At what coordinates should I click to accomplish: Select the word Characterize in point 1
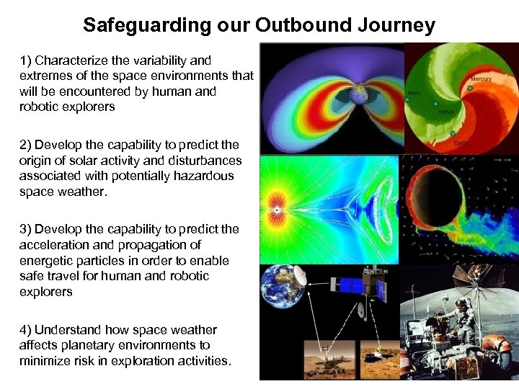coord(77,61)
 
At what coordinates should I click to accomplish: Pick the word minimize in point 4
coord(43,361)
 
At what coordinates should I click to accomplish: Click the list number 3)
coord(25,229)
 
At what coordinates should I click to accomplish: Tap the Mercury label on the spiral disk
coord(481,79)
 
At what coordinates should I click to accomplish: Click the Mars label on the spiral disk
coord(414,93)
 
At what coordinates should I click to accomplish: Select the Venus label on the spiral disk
coord(448,112)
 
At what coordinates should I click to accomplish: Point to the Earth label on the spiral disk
coord(461,143)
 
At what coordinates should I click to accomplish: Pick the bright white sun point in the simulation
coord(276,209)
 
